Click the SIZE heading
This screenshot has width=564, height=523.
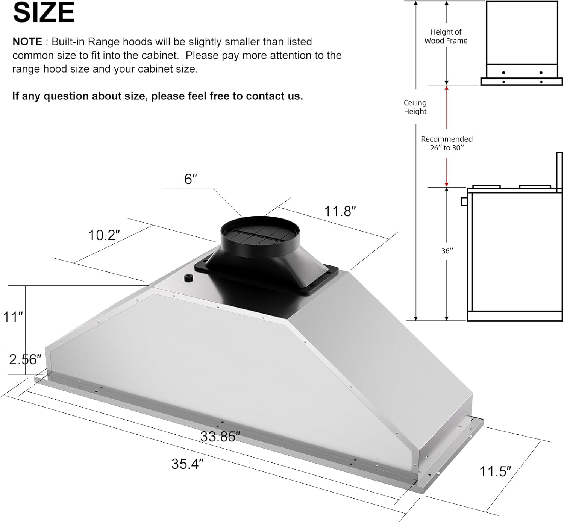pos(44,13)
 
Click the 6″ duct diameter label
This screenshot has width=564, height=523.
pos(191,179)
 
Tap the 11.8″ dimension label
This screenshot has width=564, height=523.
pos(340,211)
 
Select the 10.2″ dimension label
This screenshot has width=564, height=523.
pos(104,235)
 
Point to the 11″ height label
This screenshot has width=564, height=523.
pos(13,317)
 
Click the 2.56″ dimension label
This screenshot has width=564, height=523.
pos(25,359)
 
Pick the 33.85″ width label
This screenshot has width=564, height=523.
pos(220,437)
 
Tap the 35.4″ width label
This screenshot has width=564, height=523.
pos(187,464)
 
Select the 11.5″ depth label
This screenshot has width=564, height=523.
pos(495,471)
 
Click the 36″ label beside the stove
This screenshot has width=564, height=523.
pos(447,251)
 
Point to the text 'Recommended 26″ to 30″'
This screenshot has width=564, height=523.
pos(447,143)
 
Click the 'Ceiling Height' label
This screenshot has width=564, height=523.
pos(415,107)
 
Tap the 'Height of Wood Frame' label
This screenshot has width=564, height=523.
pos(446,36)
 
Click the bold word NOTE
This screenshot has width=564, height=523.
pos(27,42)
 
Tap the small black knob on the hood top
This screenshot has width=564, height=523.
pos(188,278)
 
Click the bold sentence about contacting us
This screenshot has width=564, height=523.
pos(158,96)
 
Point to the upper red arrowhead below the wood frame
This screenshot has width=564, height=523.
pos(447,88)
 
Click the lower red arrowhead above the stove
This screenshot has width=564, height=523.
pos(447,184)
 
